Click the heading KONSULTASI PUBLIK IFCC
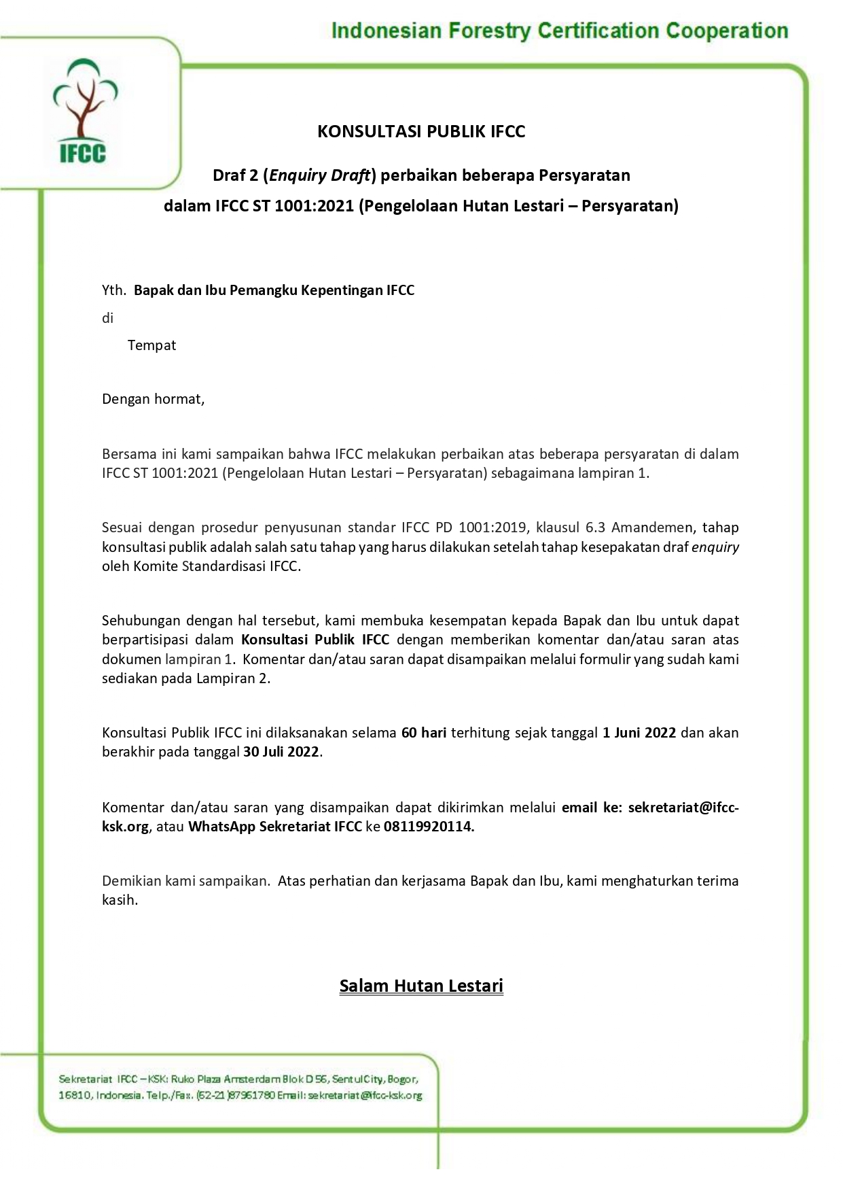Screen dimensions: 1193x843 click(x=421, y=131)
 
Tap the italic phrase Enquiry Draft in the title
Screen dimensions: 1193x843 click(x=320, y=175)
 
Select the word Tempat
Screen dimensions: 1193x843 click(x=151, y=345)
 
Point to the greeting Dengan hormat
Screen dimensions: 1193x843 click(x=153, y=399)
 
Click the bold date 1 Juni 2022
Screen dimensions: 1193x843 click(x=639, y=733)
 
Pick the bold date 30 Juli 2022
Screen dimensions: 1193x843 click(x=281, y=752)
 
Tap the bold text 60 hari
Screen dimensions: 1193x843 click(x=424, y=733)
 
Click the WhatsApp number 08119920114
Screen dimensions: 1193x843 click(x=429, y=827)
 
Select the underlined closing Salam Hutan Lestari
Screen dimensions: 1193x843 click(x=421, y=986)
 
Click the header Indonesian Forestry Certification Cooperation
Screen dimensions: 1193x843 click(x=559, y=31)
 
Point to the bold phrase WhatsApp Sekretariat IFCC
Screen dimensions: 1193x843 click(x=274, y=827)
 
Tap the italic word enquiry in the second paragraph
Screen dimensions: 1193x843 click(x=715, y=547)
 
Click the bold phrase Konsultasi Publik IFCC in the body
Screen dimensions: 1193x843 click(x=315, y=640)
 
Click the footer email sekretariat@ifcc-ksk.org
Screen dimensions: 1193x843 click(x=365, y=1095)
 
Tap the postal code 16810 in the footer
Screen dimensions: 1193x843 click(x=73, y=1095)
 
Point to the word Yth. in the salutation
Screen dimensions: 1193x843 click(x=113, y=291)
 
